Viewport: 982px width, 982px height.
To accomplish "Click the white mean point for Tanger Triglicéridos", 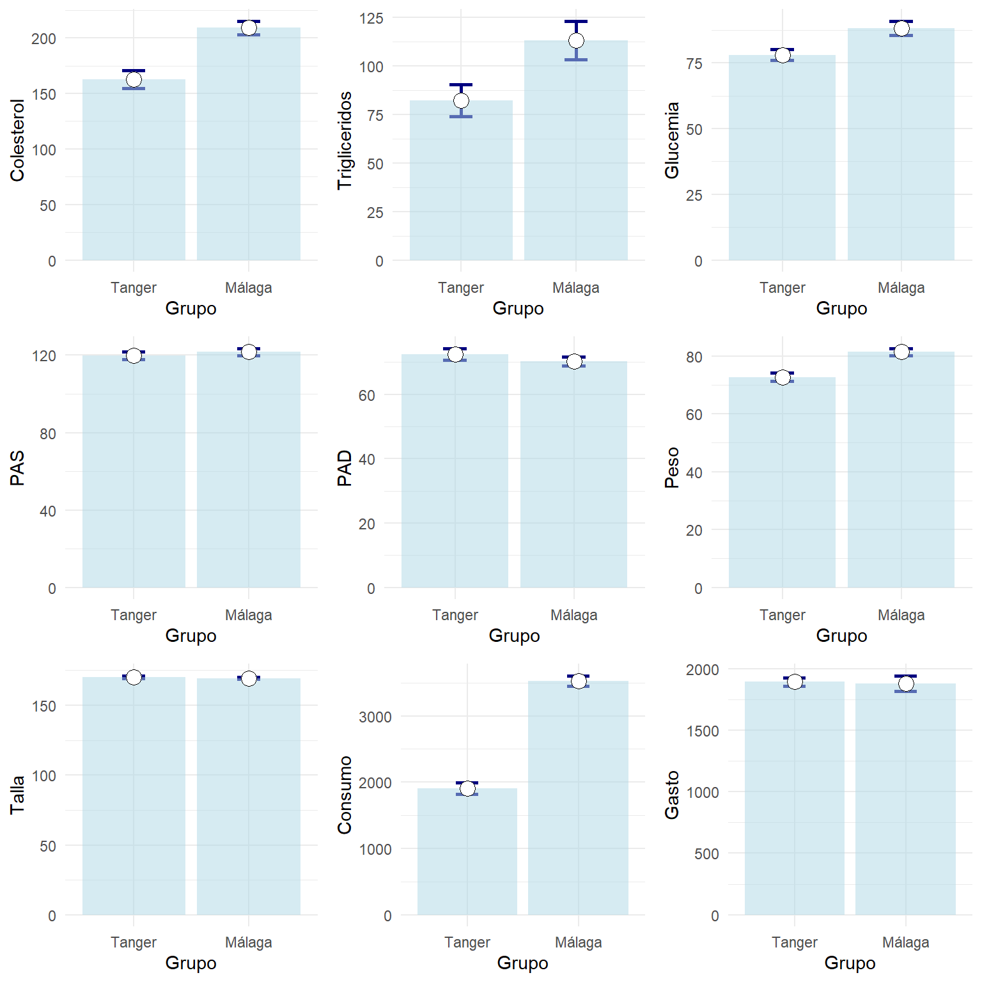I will point(461,100).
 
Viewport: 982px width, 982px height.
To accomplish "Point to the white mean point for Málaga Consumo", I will point(579,682).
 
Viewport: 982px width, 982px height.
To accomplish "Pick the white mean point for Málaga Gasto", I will point(906,684).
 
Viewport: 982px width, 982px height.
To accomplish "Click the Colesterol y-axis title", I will point(17,140).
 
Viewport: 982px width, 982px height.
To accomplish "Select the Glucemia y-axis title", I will point(672,140).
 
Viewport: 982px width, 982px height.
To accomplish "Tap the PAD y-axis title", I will point(345,468).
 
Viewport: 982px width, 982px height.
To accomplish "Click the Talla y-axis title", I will point(17,795).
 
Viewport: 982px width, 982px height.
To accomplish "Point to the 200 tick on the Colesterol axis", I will point(43,39).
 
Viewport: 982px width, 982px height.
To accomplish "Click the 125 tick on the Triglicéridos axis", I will point(371,18).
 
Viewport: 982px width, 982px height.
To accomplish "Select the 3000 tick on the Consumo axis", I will point(375,717).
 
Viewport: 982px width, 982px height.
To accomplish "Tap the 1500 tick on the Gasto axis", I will point(702,731).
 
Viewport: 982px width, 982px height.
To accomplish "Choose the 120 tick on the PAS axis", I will point(43,355).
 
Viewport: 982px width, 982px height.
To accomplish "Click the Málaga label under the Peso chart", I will point(901,615).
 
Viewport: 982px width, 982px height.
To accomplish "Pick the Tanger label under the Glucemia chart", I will point(782,288).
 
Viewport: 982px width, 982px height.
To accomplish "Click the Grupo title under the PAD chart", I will point(514,635).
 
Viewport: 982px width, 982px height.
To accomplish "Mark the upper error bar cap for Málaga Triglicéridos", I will point(576,22).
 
